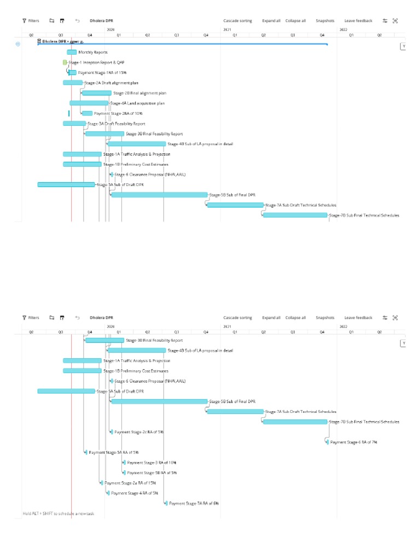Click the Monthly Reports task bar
72,52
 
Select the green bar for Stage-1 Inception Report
65,62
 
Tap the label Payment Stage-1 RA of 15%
102,73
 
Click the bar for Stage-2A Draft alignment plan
73,83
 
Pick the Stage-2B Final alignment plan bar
97,93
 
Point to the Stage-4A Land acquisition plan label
137,103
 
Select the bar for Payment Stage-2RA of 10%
87,113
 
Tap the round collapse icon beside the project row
18,43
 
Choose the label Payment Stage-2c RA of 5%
139,432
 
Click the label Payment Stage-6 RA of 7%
354,442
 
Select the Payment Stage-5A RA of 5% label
114,452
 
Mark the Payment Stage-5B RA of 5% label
151,472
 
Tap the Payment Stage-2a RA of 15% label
130,483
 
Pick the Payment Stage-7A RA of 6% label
194,503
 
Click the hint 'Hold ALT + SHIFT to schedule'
59,514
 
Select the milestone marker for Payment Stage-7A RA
166,503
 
